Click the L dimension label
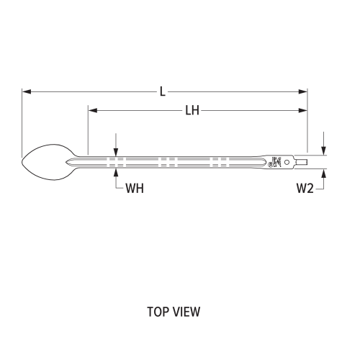tap(163, 91)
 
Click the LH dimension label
tap(192, 110)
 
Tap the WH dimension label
tap(135, 189)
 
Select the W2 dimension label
tap(305, 189)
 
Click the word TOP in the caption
tap(157, 312)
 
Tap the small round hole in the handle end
tap(287, 162)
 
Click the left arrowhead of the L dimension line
tap(25, 91)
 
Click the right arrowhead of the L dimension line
tap(304, 91)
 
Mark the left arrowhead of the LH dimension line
tap(91, 110)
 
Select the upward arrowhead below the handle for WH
tap(115, 171)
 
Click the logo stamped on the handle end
tap(274, 162)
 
